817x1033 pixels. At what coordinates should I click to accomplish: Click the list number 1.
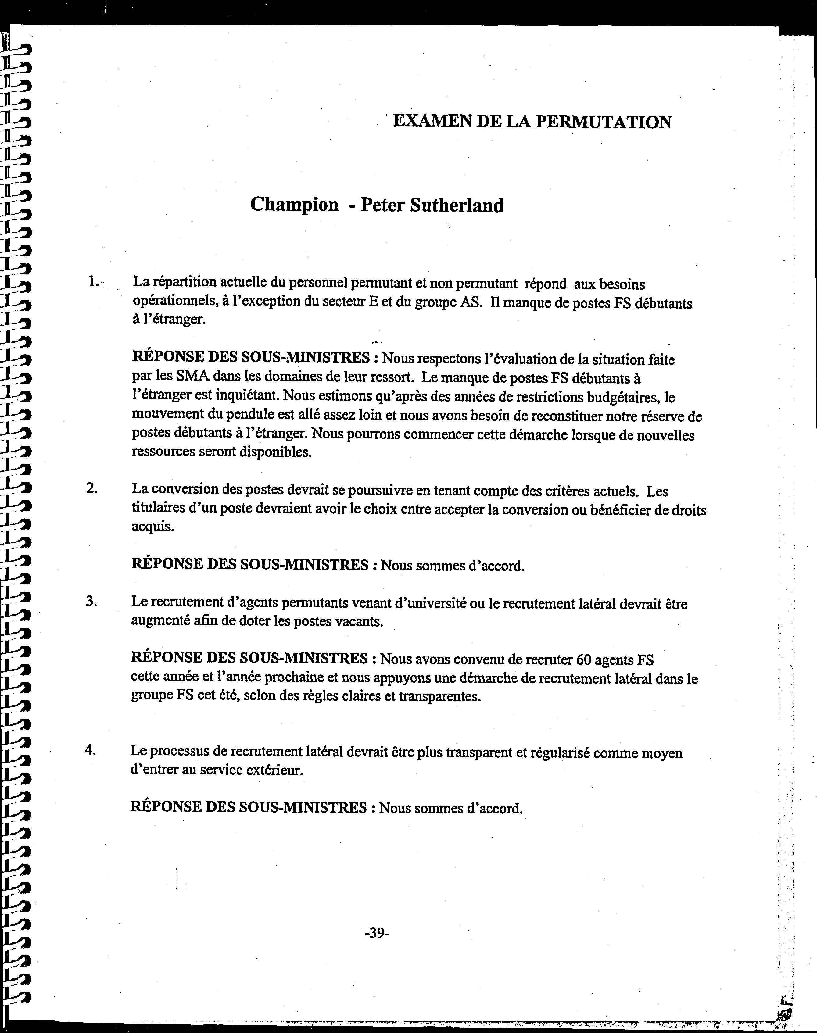click(x=93, y=282)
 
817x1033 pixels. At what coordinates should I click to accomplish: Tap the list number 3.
click(x=91, y=601)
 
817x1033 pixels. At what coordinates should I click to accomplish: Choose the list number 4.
click(x=90, y=749)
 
